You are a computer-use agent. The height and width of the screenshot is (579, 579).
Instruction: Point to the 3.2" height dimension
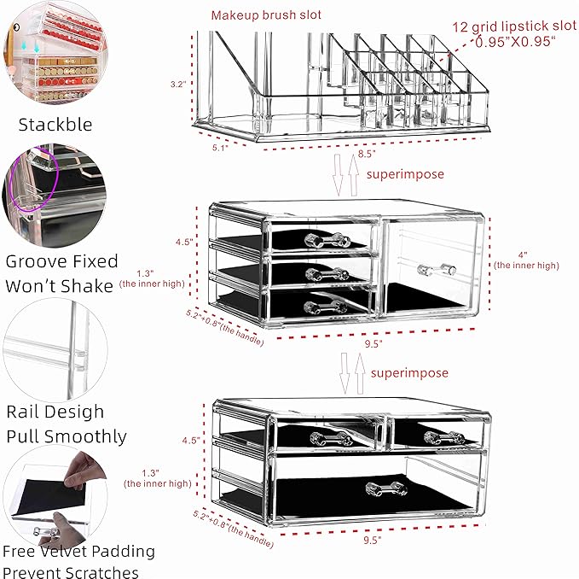point(178,85)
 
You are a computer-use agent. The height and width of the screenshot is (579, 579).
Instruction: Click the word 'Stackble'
point(55,125)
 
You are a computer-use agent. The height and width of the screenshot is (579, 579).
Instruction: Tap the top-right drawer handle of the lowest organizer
point(443,438)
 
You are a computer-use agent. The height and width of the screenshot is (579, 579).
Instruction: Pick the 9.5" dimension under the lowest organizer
point(373,540)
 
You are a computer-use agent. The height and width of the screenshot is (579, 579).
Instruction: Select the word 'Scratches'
point(97,570)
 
